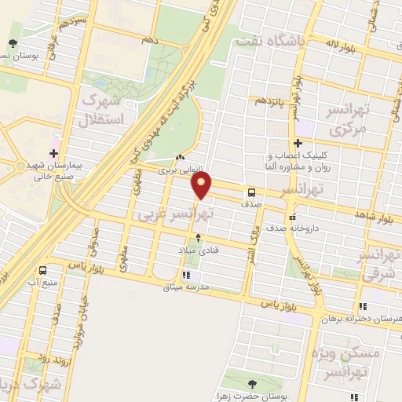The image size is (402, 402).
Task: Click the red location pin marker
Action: [202, 186]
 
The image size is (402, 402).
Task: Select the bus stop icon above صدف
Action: [251, 192]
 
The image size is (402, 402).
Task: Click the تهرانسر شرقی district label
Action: [379, 267]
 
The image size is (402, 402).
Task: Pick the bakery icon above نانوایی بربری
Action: [181, 157]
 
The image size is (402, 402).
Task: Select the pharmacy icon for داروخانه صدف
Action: [292, 217]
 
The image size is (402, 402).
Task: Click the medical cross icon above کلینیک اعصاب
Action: [297, 144]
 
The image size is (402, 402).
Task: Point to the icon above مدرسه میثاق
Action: [186, 275]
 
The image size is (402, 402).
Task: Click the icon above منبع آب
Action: [33, 268]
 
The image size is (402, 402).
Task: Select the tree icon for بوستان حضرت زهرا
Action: [251, 383]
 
